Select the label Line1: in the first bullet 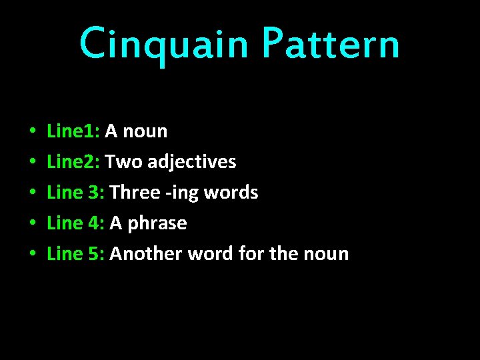click(x=73, y=131)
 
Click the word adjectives click(x=192, y=162)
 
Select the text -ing click(x=182, y=193)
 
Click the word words click(x=231, y=192)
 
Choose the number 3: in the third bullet click(x=95, y=192)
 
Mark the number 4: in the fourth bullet click(x=95, y=223)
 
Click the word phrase click(x=157, y=223)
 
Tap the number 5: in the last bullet click(x=95, y=253)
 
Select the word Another click(x=146, y=253)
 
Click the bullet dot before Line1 click(x=33, y=132)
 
